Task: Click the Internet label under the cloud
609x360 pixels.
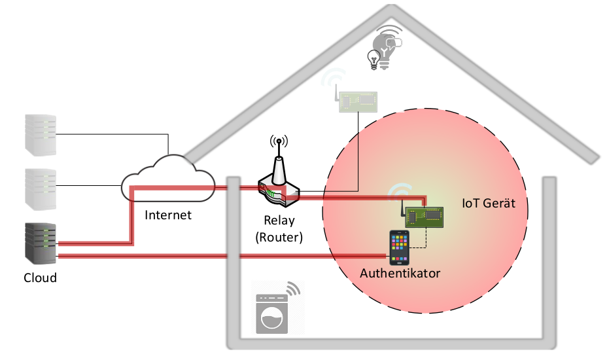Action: (168, 215)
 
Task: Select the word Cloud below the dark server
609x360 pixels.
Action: (40, 278)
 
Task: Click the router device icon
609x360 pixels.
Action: (278, 187)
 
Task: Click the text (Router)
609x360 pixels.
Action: (279, 237)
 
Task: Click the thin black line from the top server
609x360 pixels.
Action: (111, 134)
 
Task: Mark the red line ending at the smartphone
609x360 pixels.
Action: (222, 255)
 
